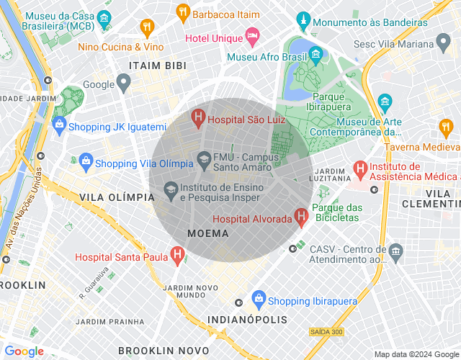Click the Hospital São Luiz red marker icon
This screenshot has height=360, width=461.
(197, 117)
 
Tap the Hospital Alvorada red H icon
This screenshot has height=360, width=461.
(301, 217)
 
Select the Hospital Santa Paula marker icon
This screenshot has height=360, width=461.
(176, 255)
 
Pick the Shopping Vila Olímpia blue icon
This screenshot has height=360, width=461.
(86, 161)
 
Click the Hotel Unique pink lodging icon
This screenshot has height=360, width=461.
(252, 35)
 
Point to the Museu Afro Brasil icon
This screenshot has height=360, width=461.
(315, 54)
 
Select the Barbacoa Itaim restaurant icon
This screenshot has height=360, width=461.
(183, 12)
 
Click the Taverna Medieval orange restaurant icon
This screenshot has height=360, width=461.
(445, 127)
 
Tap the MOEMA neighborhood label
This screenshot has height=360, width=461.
(207, 233)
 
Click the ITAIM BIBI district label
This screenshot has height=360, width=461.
(157, 66)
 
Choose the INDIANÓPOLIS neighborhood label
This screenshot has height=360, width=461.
(247, 319)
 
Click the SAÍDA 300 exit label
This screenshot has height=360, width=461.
(326, 332)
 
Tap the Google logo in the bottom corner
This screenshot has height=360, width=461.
(24, 351)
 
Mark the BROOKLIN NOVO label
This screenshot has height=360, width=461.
(163, 350)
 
